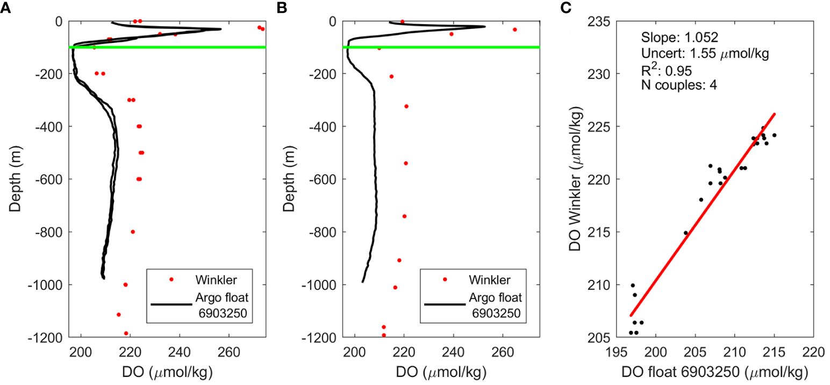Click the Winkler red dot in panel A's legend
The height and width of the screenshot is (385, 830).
pos(171,279)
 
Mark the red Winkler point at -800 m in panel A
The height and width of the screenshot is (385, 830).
pos(133,232)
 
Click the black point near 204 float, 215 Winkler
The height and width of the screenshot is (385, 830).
pos(685,233)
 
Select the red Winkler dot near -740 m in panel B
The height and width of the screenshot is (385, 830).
pos(404,216)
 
